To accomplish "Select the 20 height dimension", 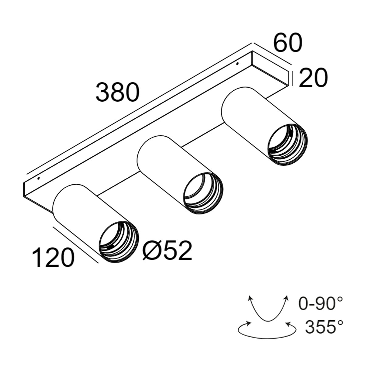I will click(x=313, y=78).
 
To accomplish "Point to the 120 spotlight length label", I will click(x=53, y=257).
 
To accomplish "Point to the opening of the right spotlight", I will click(x=288, y=144).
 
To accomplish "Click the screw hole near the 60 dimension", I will click(x=238, y=64).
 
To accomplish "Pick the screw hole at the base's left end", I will click(x=38, y=178).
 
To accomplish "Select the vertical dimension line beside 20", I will click(x=293, y=78).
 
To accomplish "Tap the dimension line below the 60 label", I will click(x=272, y=54).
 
